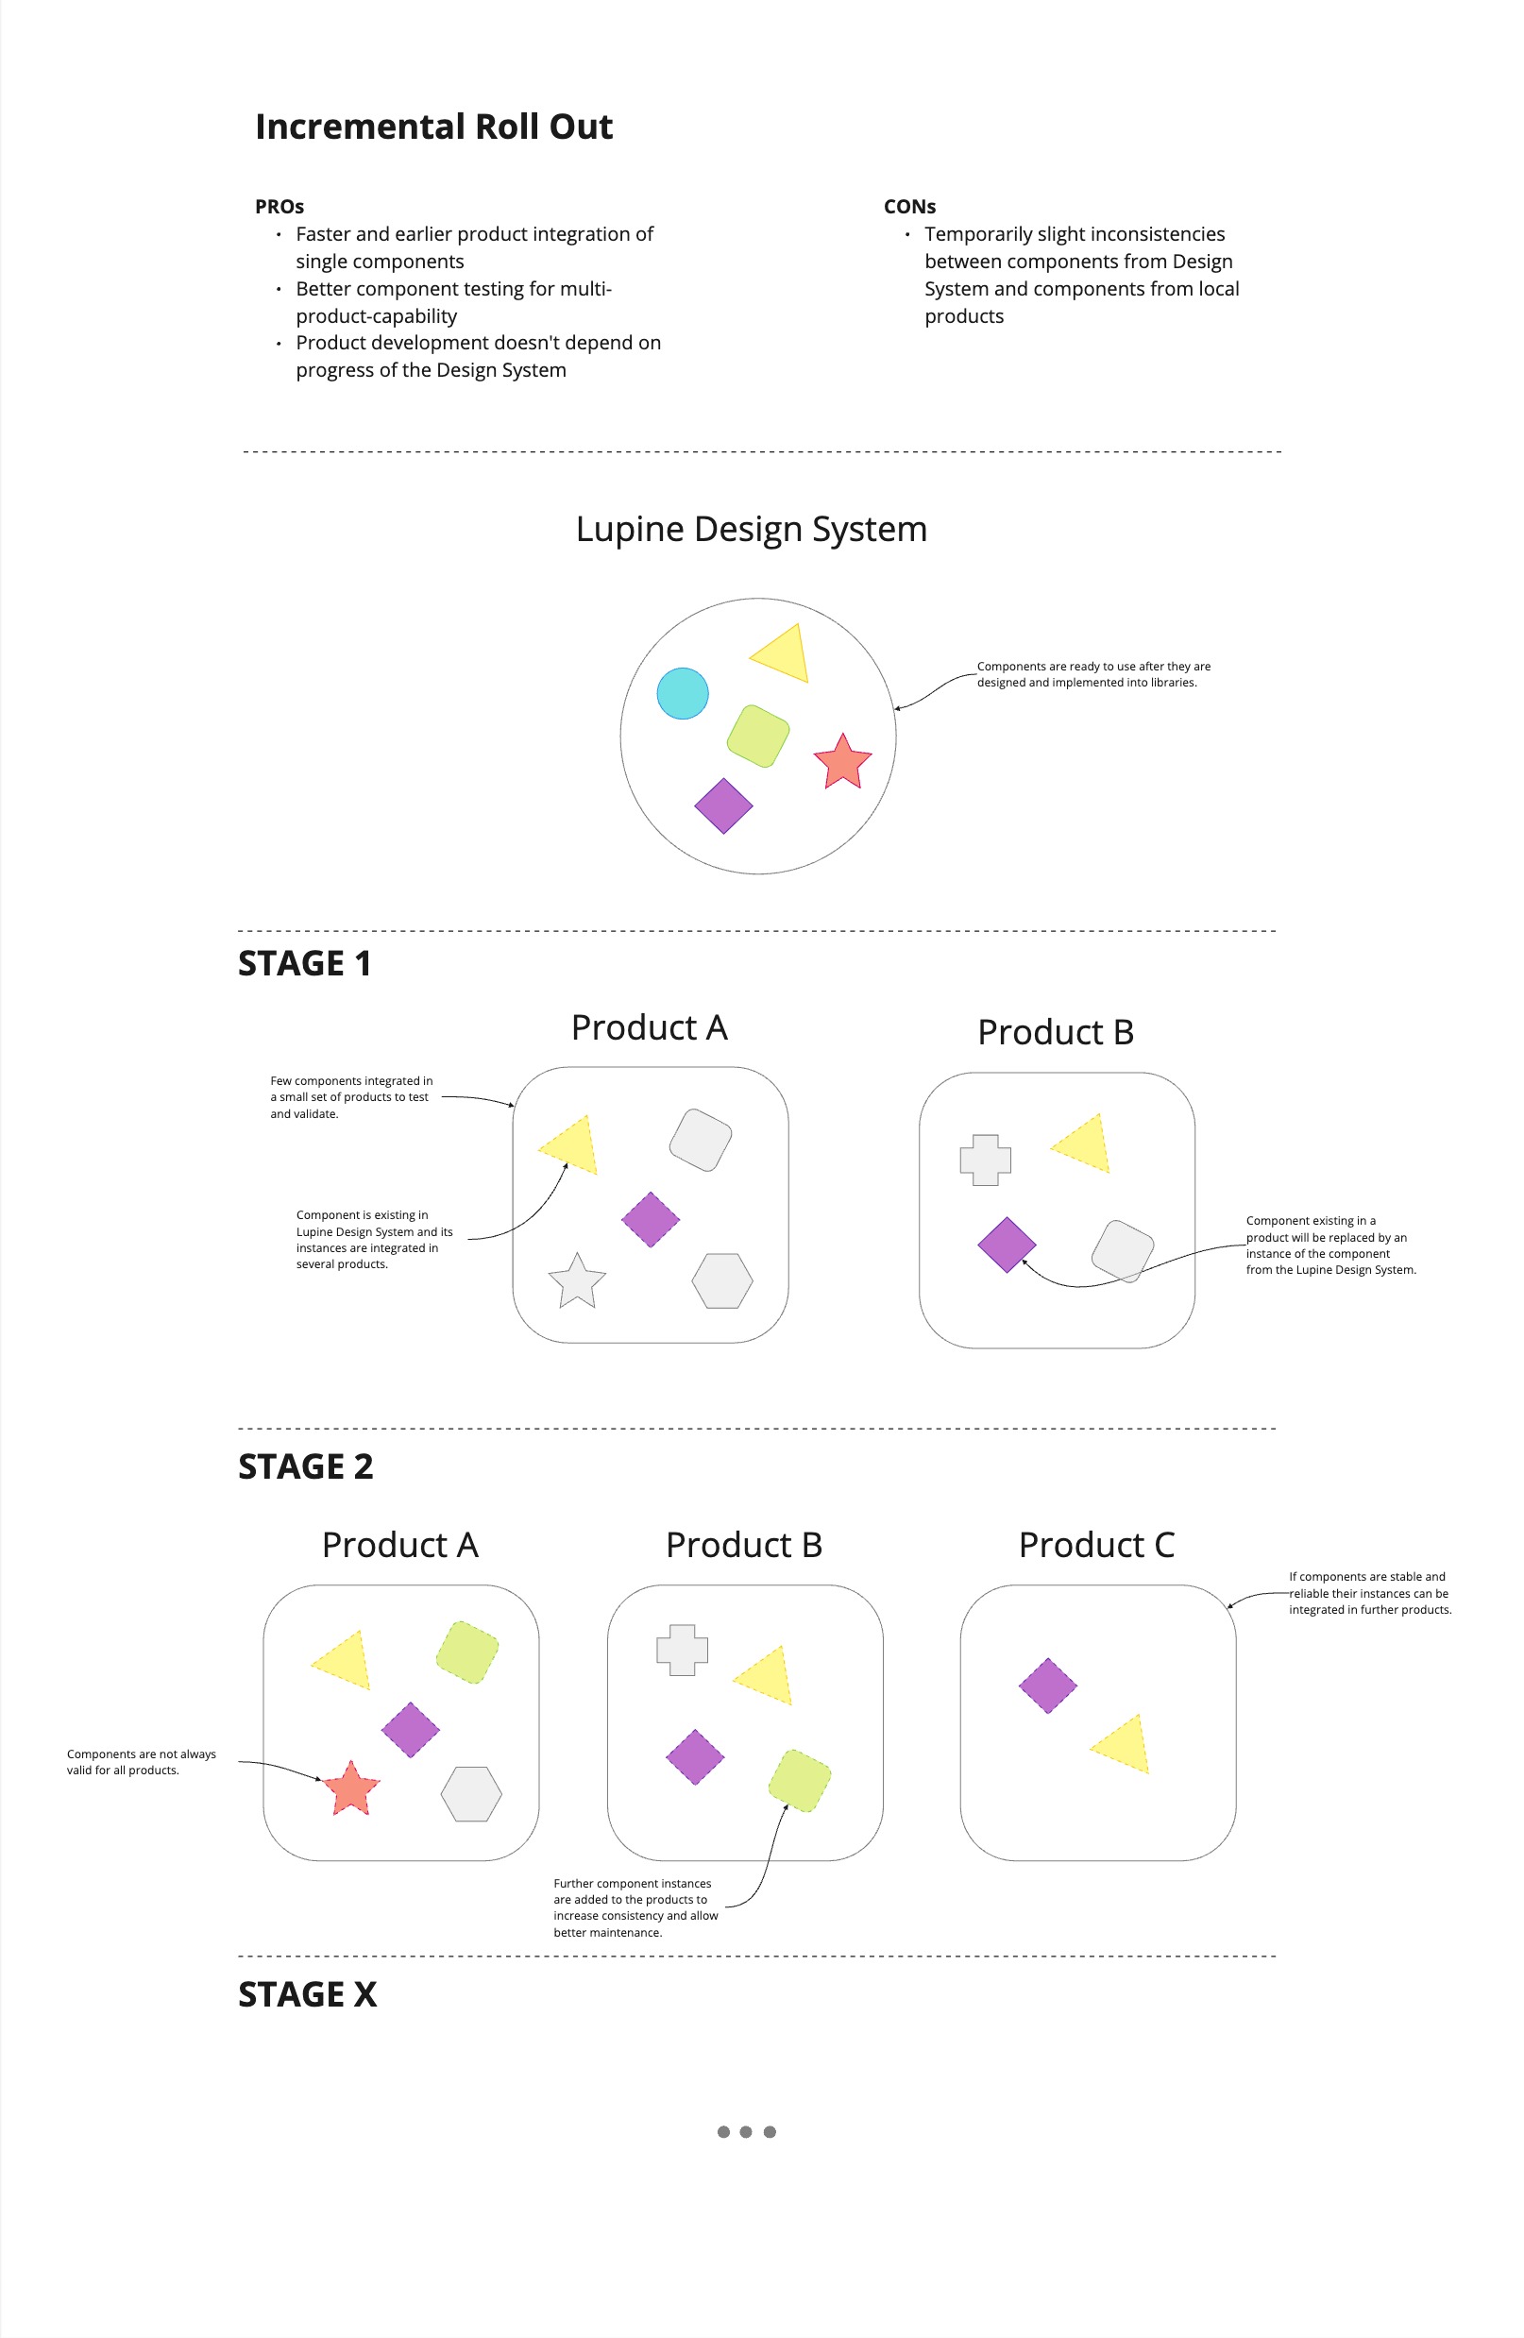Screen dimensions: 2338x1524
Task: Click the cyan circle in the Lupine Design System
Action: pyautogui.click(x=682, y=693)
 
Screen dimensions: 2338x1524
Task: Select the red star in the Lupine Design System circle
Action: pyautogui.click(x=842, y=763)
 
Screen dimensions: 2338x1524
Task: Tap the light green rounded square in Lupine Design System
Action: pyautogui.click(x=757, y=736)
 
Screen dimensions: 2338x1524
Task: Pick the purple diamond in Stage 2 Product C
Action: pyautogui.click(x=1047, y=1686)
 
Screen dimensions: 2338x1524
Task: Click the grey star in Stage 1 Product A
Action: pyautogui.click(x=577, y=1282)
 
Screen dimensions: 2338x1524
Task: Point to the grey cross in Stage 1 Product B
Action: pyautogui.click(x=985, y=1161)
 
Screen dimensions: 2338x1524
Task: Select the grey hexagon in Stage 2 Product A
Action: pyautogui.click(x=471, y=1794)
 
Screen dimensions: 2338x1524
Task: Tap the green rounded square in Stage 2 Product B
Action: pyautogui.click(x=800, y=1780)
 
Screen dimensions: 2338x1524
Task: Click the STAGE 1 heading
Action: pyautogui.click(x=305, y=964)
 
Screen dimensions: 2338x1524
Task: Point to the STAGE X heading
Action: pyautogui.click(x=308, y=1994)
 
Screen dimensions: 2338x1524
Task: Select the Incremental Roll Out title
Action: pyautogui.click(x=433, y=127)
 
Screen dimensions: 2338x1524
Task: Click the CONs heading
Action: pyautogui.click(x=909, y=206)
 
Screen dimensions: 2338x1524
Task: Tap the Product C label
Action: pyautogui.click(x=1095, y=1544)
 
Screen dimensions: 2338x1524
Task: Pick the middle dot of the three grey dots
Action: pyautogui.click(x=746, y=2132)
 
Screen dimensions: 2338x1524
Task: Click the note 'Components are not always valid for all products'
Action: pyautogui.click(x=141, y=1761)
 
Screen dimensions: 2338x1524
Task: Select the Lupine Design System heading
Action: pyautogui.click(x=751, y=529)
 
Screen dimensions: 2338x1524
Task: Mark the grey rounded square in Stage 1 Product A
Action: pyautogui.click(x=701, y=1140)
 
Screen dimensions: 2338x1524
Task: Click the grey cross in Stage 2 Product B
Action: pyautogui.click(x=682, y=1651)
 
